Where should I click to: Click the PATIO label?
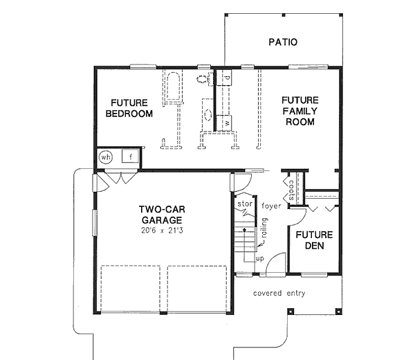point(282,42)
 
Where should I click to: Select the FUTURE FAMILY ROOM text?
point(298,111)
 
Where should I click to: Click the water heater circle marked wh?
point(105,157)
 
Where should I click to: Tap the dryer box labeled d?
point(228,80)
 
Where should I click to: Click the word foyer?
point(272,206)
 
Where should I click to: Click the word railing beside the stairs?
point(263,231)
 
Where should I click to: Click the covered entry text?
point(279,293)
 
